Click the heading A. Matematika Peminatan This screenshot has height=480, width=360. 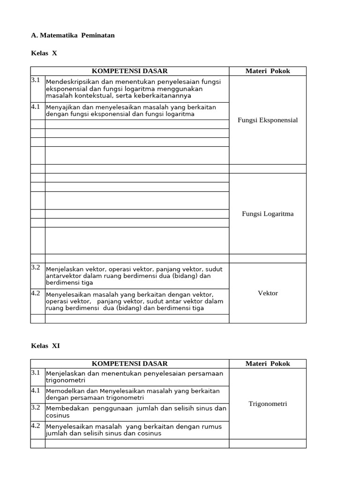click(x=72, y=35)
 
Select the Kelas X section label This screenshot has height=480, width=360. click(x=44, y=53)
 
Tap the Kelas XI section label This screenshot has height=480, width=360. click(x=45, y=345)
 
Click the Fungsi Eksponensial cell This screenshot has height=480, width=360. click(x=268, y=120)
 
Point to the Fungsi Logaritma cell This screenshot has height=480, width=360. click(x=268, y=214)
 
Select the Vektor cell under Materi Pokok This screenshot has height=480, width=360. click(x=268, y=293)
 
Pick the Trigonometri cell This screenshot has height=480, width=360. click(x=268, y=404)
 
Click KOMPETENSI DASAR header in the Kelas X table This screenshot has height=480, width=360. click(x=129, y=71)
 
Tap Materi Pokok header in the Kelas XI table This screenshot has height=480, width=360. click(x=268, y=364)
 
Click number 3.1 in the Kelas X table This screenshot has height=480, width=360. click(x=36, y=80)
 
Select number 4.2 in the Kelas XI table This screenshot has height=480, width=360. click(x=36, y=426)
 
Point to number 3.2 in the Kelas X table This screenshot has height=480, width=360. click(x=36, y=267)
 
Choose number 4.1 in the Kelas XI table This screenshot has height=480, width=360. click(x=36, y=390)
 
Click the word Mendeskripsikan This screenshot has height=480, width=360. click(x=72, y=82)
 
